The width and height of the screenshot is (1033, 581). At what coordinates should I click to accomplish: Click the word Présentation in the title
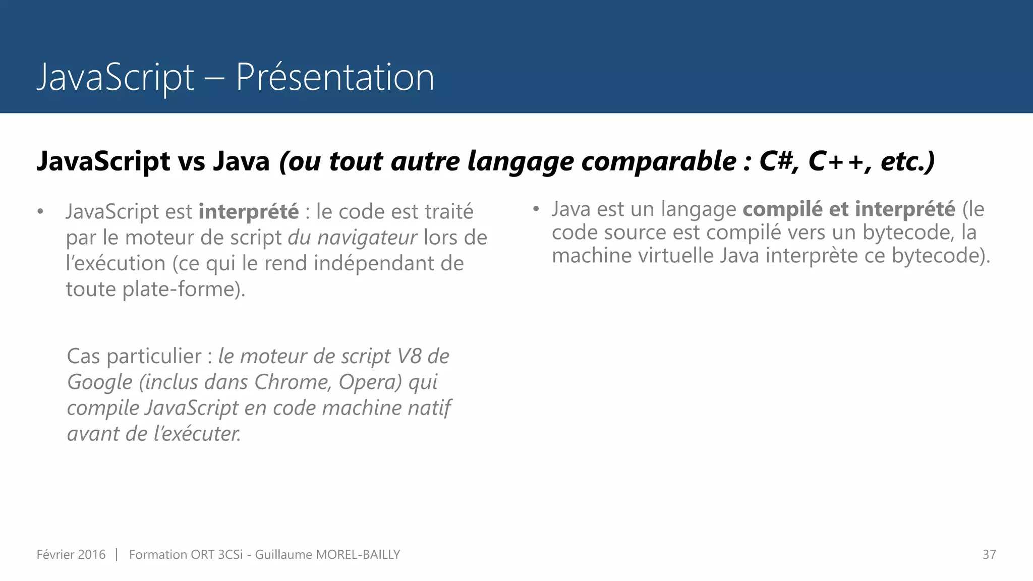click(x=334, y=77)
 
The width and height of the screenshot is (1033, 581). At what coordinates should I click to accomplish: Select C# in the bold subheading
click(x=779, y=161)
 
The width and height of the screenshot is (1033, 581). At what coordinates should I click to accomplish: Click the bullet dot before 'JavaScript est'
click(x=40, y=211)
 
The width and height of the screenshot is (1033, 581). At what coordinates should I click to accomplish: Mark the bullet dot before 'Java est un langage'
click(x=536, y=209)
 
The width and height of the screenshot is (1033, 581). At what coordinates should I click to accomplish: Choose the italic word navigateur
click(x=367, y=238)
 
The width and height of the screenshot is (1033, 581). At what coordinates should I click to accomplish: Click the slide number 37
click(x=989, y=554)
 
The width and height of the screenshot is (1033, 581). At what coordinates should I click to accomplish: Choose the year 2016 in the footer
click(x=92, y=554)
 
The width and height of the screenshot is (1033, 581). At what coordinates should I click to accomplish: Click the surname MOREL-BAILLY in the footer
click(x=358, y=554)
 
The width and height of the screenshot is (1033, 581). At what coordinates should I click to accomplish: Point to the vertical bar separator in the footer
click(x=117, y=554)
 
